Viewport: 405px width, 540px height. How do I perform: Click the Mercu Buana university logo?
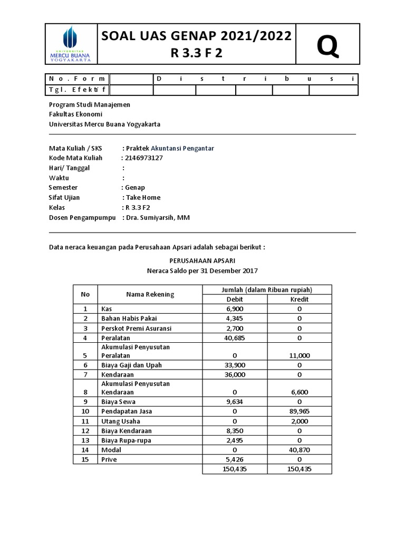coord(70,45)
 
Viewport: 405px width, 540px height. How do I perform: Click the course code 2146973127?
coord(144,158)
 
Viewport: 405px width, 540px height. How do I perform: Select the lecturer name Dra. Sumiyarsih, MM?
coord(157,217)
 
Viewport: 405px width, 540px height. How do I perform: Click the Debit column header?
coord(235,299)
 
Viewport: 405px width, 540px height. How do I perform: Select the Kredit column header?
coord(300,299)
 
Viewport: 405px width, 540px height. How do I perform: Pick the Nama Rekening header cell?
coord(150,294)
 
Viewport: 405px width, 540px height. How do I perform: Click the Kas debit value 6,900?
coord(235,308)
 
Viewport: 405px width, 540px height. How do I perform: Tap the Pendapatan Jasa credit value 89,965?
coord(300,411)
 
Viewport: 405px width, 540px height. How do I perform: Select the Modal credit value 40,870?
coord(300,450)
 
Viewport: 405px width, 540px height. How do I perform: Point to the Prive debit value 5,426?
coord(235,459)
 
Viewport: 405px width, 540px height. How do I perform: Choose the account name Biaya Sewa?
coord(118,402)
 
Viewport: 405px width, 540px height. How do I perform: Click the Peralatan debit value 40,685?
coord(235,337)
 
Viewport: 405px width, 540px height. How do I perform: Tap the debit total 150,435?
coord(235,469)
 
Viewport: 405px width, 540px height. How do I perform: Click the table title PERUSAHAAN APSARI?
coord(202,261)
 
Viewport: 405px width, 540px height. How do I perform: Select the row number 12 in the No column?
coord(85,431)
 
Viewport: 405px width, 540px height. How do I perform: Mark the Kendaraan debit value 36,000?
coord(235,374)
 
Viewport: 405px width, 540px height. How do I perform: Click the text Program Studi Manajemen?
coord(89,105)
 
